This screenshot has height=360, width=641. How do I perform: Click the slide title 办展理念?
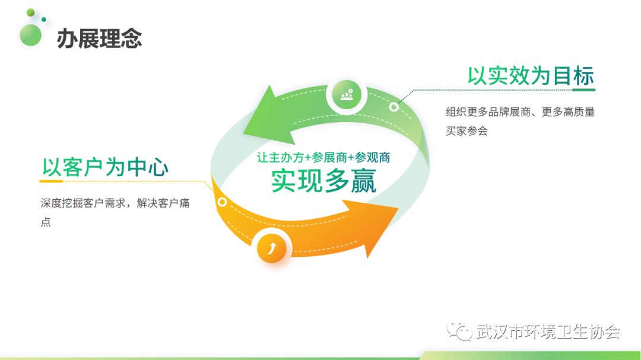click(99, 39)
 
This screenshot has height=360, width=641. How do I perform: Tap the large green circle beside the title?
click(31, 35)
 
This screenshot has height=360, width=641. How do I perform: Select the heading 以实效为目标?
click(531, 76)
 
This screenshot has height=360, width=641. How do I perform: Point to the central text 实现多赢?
click(323, 181)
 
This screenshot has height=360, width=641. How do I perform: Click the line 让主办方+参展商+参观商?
click(323, 157)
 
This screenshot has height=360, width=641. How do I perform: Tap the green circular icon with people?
click(346, 95)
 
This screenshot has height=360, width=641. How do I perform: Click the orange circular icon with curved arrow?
click(271, 248)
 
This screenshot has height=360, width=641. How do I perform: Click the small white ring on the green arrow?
click(394, 107)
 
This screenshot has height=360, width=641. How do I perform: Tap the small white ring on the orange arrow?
click(222, 202)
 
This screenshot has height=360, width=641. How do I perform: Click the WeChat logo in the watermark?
click(459, 330)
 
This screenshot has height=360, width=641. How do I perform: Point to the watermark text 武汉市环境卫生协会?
click(548, 332)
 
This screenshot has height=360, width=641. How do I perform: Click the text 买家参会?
click(467, 131)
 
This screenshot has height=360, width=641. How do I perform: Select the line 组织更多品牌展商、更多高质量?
click(520, 112)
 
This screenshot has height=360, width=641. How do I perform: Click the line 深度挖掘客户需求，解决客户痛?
click(115, 203)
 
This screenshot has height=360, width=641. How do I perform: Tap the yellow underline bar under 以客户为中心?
click(51, 181)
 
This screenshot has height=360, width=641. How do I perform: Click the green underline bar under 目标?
click(584, 90)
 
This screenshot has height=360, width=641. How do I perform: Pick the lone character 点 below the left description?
click(46, 222)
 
